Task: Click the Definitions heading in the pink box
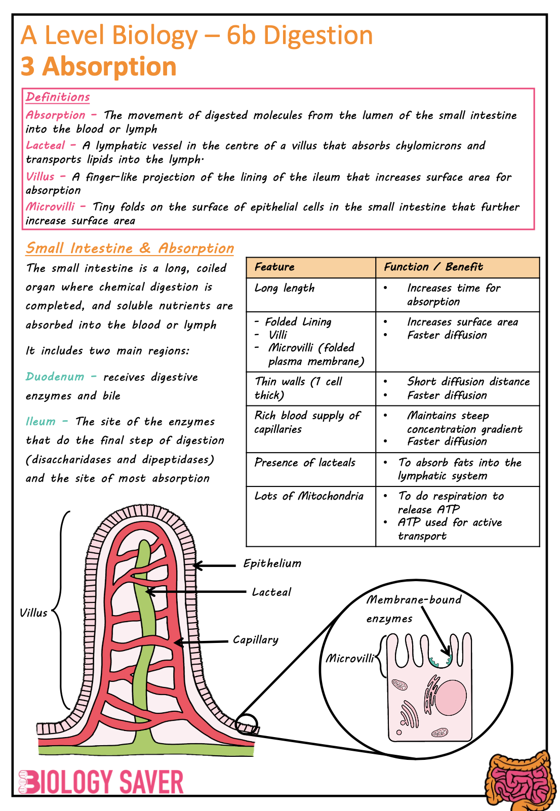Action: pyautogui.click(x=58, y=97)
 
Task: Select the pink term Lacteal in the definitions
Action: pyautogui.click(x=46, y=146)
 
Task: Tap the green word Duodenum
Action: pyautogui.click(x=55, y=377)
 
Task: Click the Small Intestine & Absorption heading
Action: pyautogui.click(x=130, y=248)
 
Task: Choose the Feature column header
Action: pyautogui.click(x=274, y=267)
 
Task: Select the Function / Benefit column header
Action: pyautogui.click(x=433, y=267)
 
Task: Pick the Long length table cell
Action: pyautogui.click(x=285, y=289)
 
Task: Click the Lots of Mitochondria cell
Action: pyautogui.click(x=309, y=496)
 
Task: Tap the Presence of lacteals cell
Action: pyautogui.click(x=305, y=463)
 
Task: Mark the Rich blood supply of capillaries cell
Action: pyautogui.click(x=307, y=422)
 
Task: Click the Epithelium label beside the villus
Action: pyautogui.click(x=272, y=563)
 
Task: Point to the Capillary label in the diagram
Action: pyautogui.click(x=256, y=640)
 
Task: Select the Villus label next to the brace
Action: pyautogui.click(x=33, y=613)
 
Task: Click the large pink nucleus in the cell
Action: pyautogui.click(x=451, y=697)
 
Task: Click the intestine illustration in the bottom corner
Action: pyautogui.click(x=521, y=780)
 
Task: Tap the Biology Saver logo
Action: pyautogui.click(x=101, y=782)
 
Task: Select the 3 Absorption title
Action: pyautogui.click(x=99, y=67)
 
